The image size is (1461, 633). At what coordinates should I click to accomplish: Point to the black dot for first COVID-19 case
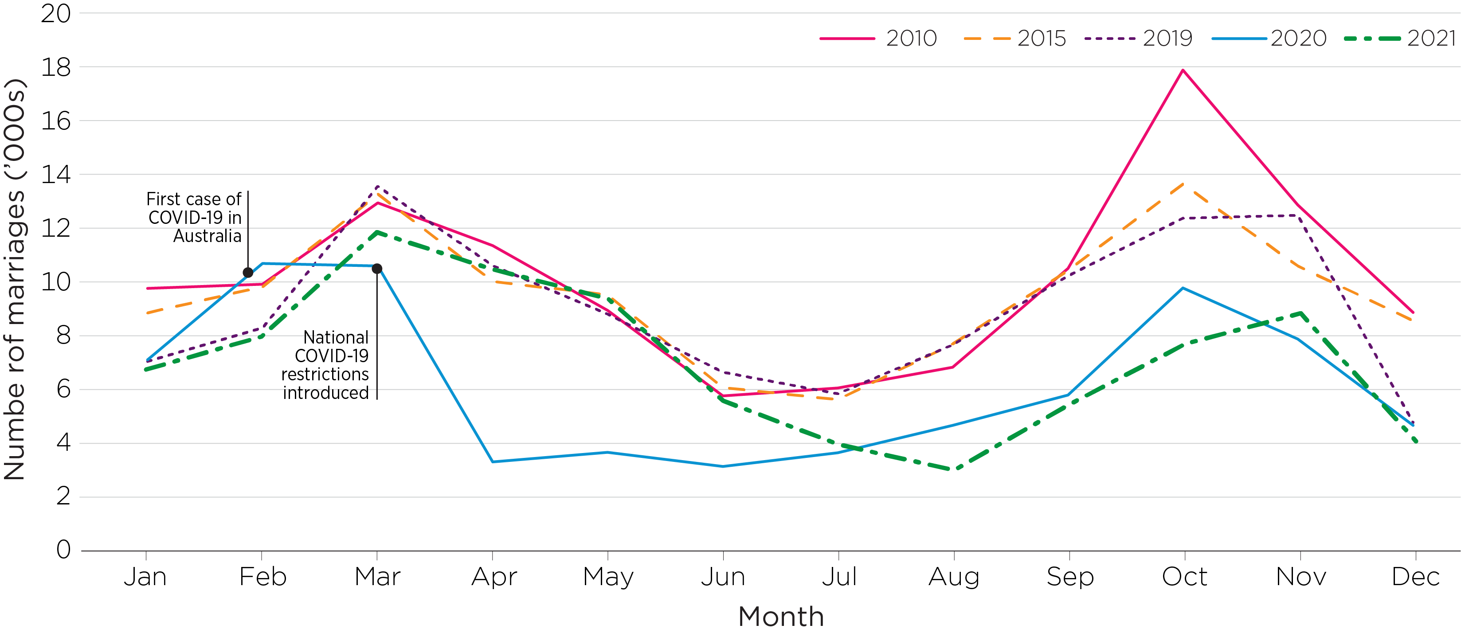[x=248, y=273]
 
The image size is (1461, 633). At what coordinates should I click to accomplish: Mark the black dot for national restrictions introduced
[x=376, y=268]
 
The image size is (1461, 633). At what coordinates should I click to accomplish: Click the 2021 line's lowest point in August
[x=953, y=469]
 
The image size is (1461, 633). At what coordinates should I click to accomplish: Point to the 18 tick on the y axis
[x=55, y=67]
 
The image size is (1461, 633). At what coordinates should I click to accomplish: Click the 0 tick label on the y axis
[x=63, y=550]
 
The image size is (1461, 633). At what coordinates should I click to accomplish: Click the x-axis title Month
[x=781, y=617]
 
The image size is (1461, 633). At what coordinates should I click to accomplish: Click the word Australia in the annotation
[x=207, y=236]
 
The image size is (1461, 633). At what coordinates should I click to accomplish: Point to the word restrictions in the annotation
[x=325, y=375]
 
